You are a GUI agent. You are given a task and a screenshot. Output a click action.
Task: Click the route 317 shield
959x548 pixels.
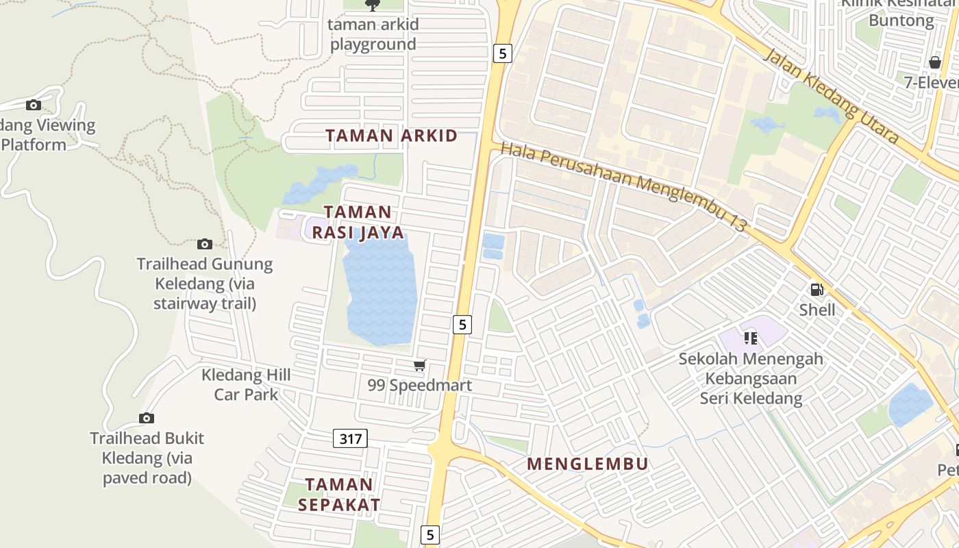coord(350,438)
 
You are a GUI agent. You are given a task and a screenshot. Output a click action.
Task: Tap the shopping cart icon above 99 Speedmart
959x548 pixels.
coord(419,366)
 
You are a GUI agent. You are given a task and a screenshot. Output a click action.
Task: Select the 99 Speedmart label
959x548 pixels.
coord(419,385)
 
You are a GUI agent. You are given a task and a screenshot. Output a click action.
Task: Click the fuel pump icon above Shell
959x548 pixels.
coord(817,290)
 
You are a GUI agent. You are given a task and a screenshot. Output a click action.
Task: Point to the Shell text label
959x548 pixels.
coord(817,310)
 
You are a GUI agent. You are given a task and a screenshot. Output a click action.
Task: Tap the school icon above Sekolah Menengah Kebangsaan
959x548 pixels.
coord(751,338)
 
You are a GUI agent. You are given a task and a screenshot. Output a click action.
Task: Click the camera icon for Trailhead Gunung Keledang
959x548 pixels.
coord(204,244)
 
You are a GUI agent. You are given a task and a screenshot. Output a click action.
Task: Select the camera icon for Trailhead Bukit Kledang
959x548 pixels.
coord(146,418)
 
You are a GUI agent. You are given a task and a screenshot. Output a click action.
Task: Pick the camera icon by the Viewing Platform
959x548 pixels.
coord(33,105)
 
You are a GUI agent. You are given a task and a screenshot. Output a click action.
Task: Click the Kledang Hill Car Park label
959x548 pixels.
coord(246,384)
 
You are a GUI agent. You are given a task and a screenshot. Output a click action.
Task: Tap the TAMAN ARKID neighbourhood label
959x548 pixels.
coord(391,136)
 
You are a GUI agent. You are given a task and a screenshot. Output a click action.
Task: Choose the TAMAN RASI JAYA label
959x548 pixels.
coord(358,222)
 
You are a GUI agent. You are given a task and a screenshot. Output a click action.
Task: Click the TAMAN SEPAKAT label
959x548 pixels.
coord(339,495)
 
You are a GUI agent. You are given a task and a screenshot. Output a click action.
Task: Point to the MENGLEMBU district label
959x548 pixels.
coord(587,464)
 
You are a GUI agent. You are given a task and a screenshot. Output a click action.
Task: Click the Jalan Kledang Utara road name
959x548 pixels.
coord(830,96)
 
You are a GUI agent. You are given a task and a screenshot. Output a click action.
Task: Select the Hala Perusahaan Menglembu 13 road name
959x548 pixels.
coord(623,186)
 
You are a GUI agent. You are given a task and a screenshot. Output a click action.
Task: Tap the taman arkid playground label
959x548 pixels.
coord(373,34)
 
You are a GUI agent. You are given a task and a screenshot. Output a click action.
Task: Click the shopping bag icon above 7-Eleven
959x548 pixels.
coord(934,63)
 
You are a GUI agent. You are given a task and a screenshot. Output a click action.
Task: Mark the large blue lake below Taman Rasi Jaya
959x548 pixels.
coord(381,288)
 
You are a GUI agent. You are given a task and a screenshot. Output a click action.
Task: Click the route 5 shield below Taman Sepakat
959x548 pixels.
coord(429,534)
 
